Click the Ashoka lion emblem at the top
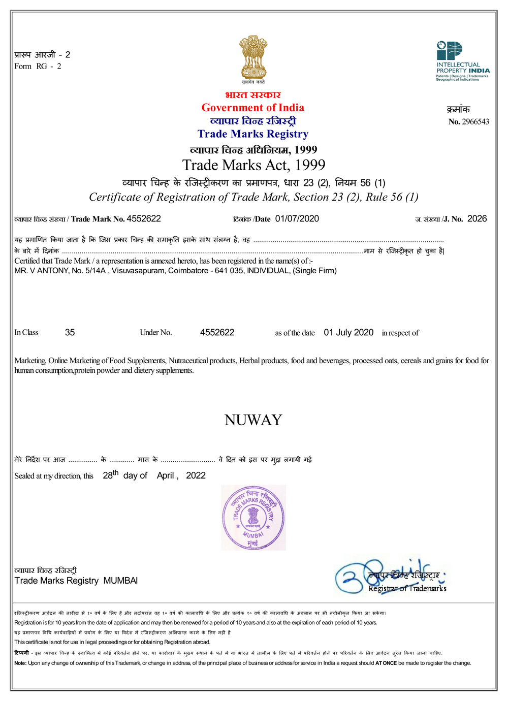click(253, 57)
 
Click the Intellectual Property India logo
click(462, 61)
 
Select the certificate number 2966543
click(475, 122)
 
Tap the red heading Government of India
click(253, 108)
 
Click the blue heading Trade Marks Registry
click(253, 134)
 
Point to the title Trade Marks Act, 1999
click(253, 165)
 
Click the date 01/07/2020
click(297, 219)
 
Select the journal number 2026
click(477, 219)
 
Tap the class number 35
click(70, 333)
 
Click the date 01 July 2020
click(348, 333)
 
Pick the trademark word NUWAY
click(253, 420)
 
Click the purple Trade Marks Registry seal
click(253, 518)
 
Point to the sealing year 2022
click(196, 476)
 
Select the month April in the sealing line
click(166, 476)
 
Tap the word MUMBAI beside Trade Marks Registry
click(120, 581)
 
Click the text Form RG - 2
click(38, 67)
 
